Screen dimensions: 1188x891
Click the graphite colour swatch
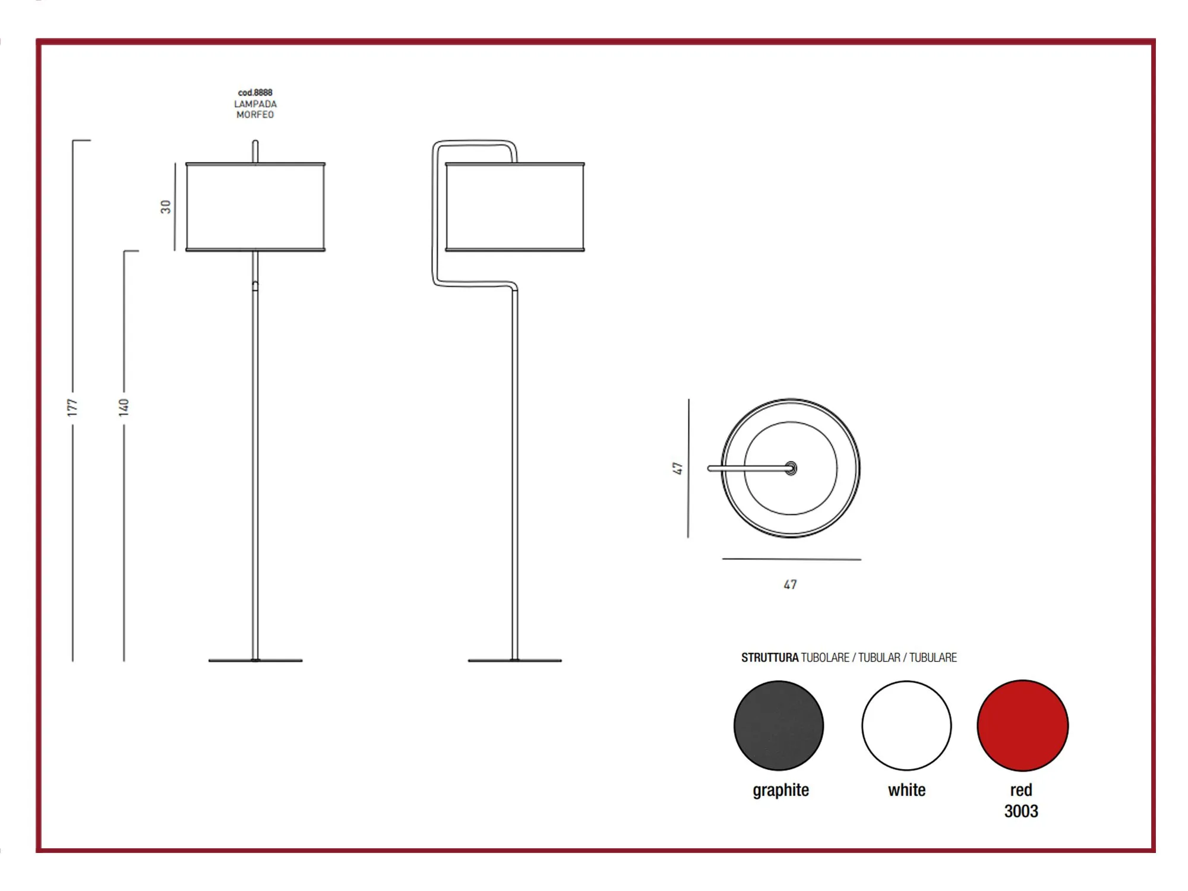[779, 725]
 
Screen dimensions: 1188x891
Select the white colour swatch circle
[906, 725]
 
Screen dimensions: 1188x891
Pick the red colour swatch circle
[1023, 725]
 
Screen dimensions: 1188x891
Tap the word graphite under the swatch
[781, 791]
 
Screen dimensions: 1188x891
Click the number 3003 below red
[1021, 811]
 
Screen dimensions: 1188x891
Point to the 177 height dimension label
[72, 407]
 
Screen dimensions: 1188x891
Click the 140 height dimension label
[124, 407]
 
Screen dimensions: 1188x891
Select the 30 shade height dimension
[166, 207]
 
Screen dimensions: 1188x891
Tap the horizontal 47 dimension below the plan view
[790, 584]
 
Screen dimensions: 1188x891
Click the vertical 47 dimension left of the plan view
[677, 468]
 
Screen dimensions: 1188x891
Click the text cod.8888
[255, 93]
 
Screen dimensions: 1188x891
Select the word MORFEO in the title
[255, 115]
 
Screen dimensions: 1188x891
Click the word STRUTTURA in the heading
[770, 658]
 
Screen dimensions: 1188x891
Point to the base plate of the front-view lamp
[255, 660]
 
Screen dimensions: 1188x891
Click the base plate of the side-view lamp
[515, 660]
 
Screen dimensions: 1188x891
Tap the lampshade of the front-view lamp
[255, 207]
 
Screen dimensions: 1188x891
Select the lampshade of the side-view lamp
[515, 207]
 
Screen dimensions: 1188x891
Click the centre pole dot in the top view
[791, 468]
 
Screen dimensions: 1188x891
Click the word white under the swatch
[906, 790]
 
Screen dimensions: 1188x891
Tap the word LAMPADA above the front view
[255, 104]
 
